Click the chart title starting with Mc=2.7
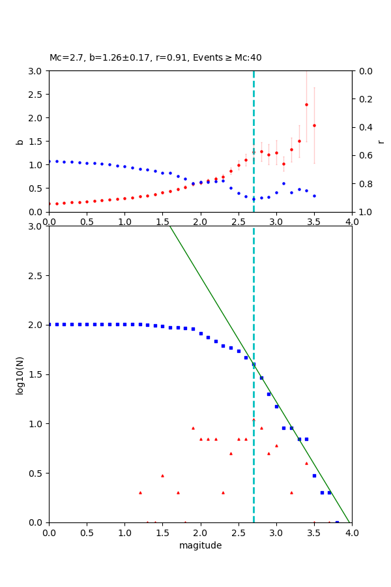(155, 58)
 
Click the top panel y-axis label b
(20, 142)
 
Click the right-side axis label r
(381, 142)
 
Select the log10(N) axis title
(20, 374)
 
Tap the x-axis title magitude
(200, 546)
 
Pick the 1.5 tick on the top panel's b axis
(37, 142)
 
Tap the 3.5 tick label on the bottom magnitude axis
(314, 534)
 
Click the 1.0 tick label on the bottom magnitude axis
(124, 534)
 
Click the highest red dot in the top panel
(306, 104)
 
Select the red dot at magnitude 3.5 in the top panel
(314, 126)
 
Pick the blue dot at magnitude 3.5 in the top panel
(314, 196)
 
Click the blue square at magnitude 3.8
(337, 522)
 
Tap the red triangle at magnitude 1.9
(193, 429)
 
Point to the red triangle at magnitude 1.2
(140, 492)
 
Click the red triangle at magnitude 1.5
(162, 475)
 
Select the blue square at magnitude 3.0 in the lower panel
(276, 406)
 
